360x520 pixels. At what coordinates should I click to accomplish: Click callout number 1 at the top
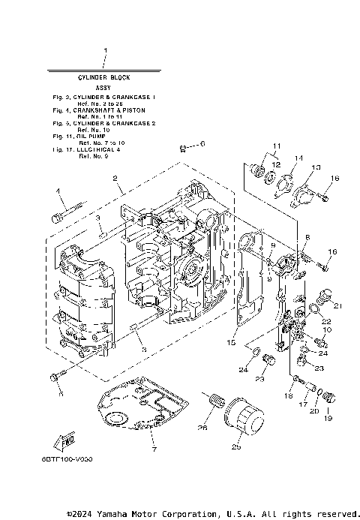pyautogui.click(x=105, y=52)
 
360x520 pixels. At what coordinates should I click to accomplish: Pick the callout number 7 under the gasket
pyautogui.click(x=154, y=449)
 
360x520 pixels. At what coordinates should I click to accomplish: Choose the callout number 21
pyautogui.click(x=338, y=306)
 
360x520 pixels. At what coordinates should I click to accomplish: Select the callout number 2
pyautogui.click(x=115, y=179)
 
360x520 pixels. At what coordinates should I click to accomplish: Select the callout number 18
pyautogui.click(x=288, y=395)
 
